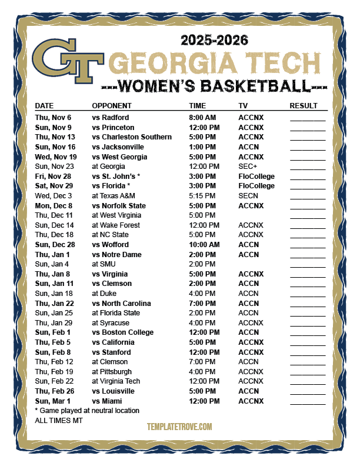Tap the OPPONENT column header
click(112, 106)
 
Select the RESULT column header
click(304, 106)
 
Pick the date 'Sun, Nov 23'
click(54, 167)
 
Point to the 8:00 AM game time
click(204, 118)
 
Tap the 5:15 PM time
click(202, 196)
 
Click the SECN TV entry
click(248, 196)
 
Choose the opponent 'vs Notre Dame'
click(116, 254)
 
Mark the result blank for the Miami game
click(307, 402)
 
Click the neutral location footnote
click(87, 411)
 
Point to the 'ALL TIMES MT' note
click(59, 421)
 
